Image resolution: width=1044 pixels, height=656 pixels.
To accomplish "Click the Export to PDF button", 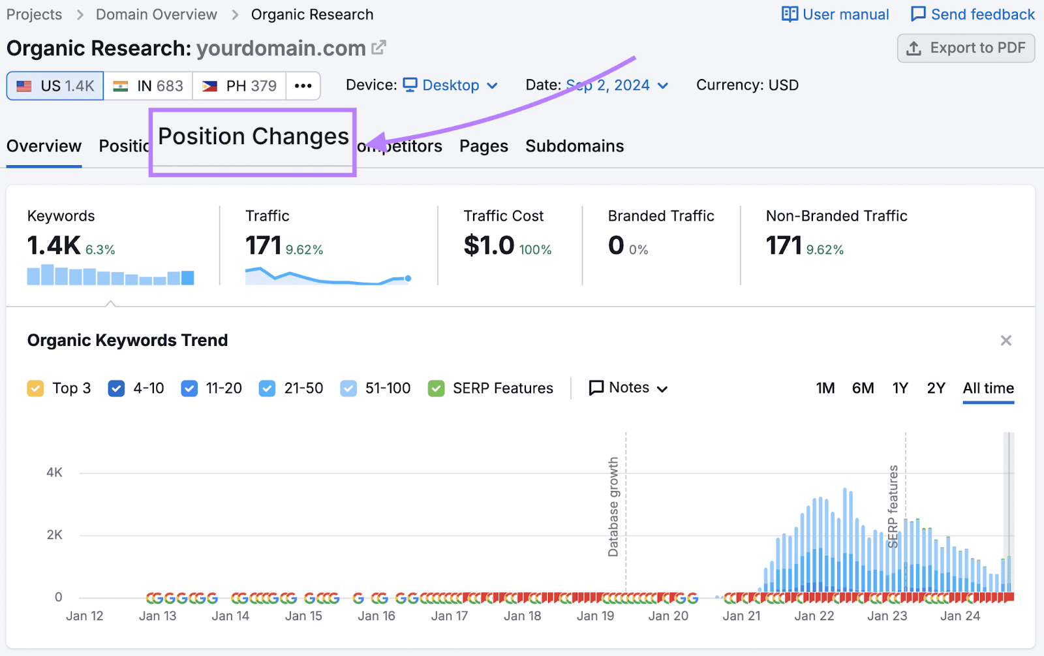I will tap(966, 48).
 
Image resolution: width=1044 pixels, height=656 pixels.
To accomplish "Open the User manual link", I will tap(835, 14).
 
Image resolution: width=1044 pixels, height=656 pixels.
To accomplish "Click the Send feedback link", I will tap(973, 14).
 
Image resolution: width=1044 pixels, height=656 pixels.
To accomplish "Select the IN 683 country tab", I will tap(148, 86).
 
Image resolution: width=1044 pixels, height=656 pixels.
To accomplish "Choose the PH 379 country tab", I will tap(239, 86).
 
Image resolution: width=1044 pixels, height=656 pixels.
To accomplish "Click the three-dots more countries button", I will tap(303, 86).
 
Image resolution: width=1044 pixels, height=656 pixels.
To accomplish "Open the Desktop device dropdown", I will tap(451, 86).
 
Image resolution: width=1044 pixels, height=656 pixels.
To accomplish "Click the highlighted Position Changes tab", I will tap(253, 136).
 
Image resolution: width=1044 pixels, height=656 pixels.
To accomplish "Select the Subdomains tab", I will tap(574, 146).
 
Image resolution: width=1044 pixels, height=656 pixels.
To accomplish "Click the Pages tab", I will tap(484, 146).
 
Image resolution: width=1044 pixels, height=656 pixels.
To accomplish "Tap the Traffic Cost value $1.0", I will tap(489, 245).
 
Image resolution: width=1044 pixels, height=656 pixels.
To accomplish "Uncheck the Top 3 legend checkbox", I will tap(35, 388).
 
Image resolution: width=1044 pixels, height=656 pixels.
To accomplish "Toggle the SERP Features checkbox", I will tap(436, 388).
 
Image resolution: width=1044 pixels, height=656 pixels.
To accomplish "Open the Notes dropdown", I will tap(628, 388).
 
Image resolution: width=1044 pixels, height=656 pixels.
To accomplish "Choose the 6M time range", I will tap(863, 388).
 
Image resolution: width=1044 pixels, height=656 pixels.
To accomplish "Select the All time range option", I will tap(988, 388).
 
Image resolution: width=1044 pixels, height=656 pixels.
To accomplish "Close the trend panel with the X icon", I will tap(1006, 341).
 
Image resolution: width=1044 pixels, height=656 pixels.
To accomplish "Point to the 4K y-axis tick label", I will tap(54, 473).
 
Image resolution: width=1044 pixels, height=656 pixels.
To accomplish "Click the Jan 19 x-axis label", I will tap(595, 616).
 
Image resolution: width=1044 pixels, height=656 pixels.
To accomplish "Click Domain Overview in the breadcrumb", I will tap(156, 14).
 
